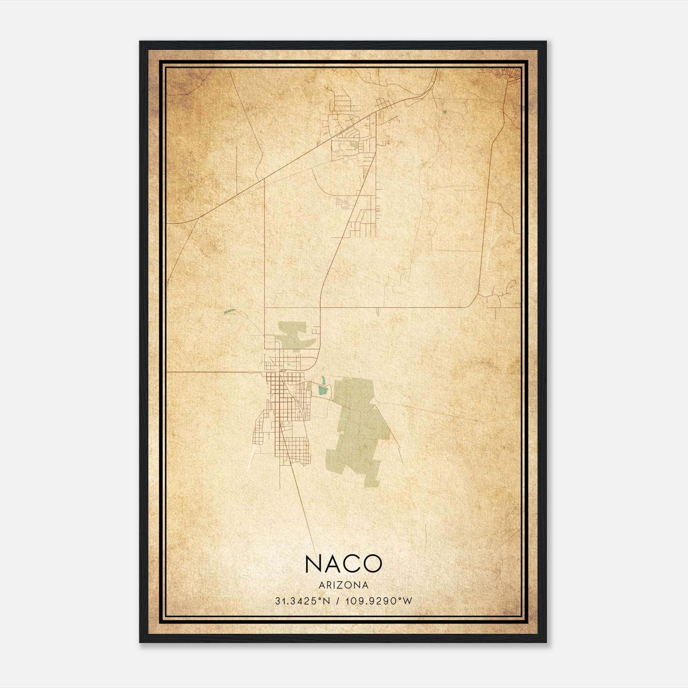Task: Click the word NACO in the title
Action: [x=343, y=563]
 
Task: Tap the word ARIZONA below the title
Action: [x=343, y=585]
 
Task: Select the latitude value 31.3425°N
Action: [x=303, y=601]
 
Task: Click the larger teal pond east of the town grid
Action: [x=322, y=390]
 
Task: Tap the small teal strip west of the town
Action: [x=230, y=311]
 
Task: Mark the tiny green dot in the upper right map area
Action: [x=444, y=112]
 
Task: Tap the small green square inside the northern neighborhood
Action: [x=353, y=145]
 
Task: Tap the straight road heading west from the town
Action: [x=215, y=372]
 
